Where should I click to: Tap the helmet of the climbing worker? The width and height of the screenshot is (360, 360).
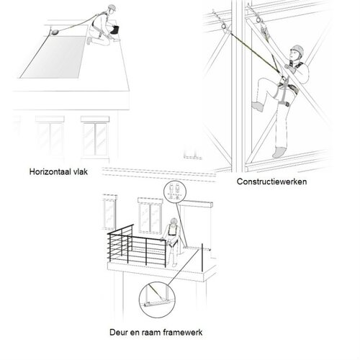(x=296, y=51)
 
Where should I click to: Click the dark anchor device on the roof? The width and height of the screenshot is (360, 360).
(x=55, y=30)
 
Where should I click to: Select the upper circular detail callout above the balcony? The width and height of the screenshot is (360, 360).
(x=173, y=194)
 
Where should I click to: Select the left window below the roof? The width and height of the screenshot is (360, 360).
(x=49, y=136)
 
